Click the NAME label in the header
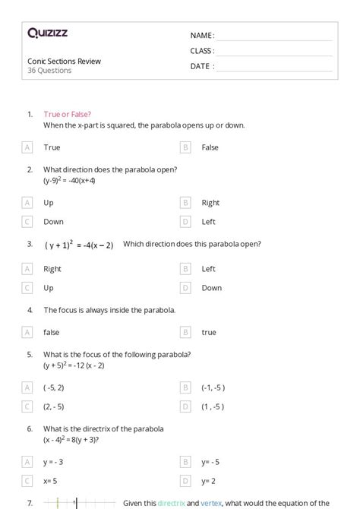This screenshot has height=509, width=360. [x=202, y=36]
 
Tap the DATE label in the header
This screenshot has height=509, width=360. [x=202, y=66]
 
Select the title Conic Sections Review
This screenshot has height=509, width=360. [x=64, y=61]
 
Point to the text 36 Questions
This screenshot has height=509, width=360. [x=49, y=71]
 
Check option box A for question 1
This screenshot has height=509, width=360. [x=27, y=147]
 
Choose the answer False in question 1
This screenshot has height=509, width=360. [x=210, y=147]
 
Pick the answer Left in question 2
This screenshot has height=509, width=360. [x=209, y=222]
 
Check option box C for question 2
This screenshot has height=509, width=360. [x=27, y=222]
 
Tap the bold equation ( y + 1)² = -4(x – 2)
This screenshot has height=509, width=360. [x=79, y=245]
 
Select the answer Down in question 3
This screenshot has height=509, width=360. [x=212, y=288]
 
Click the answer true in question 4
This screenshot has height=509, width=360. [x=209, y=332]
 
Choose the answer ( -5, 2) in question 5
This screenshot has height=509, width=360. [x=55, y=387]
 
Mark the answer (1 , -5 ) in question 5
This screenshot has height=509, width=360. [x=213, y=406]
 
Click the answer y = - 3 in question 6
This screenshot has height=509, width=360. [x=54, y=461]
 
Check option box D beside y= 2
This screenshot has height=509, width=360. [x=185, y=481]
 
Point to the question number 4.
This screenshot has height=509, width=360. [x=30, y=310]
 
